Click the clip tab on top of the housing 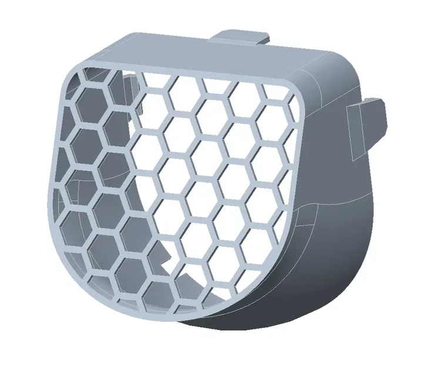(238, 36)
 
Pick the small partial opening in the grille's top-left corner (88, 74)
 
